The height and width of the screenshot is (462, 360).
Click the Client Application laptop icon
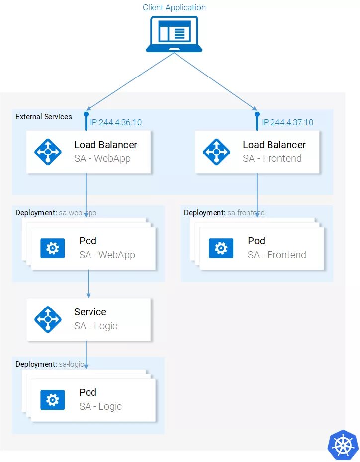(174, 34)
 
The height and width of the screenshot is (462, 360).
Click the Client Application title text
(174, 7)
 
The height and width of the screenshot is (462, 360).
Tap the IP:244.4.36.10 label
(115, 122)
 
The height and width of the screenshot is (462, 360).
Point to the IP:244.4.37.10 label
(287, 122)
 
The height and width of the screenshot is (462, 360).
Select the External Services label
(44, 117)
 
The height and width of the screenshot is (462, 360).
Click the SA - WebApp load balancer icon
(48, 152)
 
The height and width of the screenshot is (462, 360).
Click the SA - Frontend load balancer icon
(216, 152)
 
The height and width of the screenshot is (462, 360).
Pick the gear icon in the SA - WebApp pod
(52, 248)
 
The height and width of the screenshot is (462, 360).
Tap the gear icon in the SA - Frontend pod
(221, 248)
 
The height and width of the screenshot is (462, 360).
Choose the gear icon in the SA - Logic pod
(52, 399)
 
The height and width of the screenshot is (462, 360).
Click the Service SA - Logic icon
(48, 319)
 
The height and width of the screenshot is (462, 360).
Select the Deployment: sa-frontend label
(224, 213)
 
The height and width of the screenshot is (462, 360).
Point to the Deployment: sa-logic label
(50, 364)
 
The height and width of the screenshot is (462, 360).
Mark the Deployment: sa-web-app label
(56, 213)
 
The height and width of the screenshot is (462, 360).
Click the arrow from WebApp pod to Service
(89, 283)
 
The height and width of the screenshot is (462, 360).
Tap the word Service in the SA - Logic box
(90, 312)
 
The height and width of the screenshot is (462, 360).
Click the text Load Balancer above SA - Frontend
(274, 145)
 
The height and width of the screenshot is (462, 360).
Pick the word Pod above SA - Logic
(88, 392)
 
